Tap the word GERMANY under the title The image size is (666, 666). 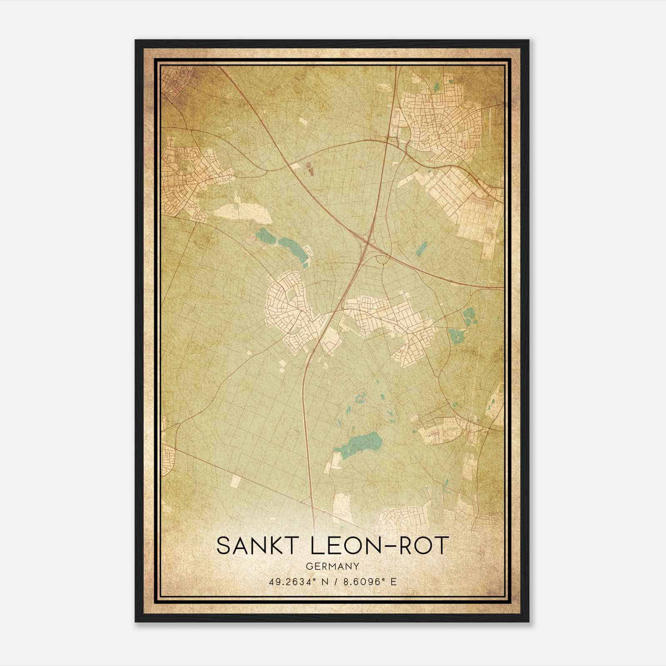pyautogui.click(x=332, y=566)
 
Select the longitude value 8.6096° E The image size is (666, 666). pyautogui.click(x=368, y=582)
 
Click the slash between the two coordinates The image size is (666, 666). pyautogui.click(x=333, y=582)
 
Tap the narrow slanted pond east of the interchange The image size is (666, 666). pyautogui.click(x=421, y=249)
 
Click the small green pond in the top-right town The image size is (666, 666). pyautogui.click(x=436, y=87)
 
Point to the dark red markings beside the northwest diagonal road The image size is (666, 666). pyautogui.click(x=309, y=168)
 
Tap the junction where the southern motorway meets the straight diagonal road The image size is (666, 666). pyautogui.click(x=313, y=505)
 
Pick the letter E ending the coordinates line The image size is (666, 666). pyautogui.click(x=393, y=582)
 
